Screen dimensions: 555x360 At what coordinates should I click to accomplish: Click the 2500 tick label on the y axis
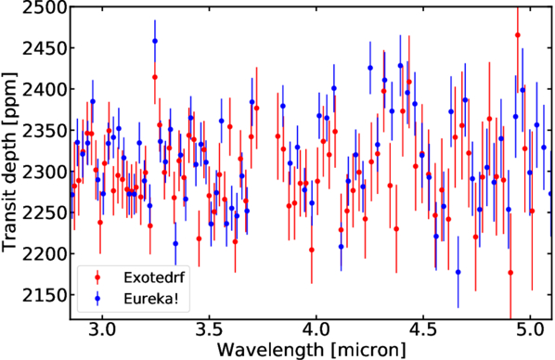click(45, 7)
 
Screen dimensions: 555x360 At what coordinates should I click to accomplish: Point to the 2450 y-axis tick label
click(45, 48)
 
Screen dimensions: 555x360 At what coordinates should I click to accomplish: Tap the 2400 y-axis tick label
click(45, 89)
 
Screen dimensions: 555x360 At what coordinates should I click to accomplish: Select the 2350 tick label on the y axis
click(45, 130)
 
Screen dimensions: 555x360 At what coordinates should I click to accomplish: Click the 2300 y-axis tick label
click(45, 172)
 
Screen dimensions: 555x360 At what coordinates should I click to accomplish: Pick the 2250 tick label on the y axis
click(45, 212)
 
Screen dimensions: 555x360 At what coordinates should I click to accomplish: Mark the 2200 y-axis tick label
click(45, 254)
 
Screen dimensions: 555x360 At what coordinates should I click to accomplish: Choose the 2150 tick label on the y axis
click(45, 295)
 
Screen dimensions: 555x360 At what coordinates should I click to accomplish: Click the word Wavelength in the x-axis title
click(270, 350)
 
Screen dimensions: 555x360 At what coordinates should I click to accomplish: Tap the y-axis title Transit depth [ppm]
click(9, 162)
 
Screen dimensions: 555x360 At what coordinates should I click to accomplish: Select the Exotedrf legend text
click(154, 277)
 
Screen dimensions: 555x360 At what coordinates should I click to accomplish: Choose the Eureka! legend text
click(150, 299)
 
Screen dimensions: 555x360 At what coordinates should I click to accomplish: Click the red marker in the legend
click(97, 277)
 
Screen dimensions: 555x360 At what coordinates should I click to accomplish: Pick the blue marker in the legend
click(97, 300)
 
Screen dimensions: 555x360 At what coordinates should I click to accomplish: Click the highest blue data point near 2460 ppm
click(155, 41)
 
